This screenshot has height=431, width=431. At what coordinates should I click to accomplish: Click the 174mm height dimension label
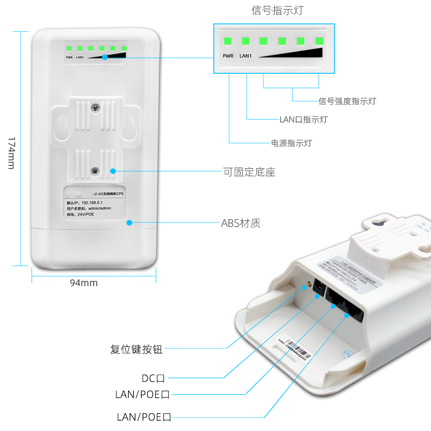pos(10,152)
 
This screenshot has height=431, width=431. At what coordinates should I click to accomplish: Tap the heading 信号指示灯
pos(273,11)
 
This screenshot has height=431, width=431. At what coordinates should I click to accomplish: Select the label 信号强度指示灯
pos(347,101)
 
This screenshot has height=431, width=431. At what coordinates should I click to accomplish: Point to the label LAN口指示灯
pos(303,119)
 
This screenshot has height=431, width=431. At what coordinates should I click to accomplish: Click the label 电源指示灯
pos(291,143)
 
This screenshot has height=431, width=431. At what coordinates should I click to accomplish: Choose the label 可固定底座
pos(249,172)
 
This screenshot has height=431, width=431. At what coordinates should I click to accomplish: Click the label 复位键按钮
pos(136,350)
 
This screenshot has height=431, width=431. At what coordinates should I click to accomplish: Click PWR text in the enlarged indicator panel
pos(228,55)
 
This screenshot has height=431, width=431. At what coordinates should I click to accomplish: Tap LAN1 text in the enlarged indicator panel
pos(245,55)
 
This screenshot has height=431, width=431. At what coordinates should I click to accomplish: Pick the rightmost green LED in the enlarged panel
pos(319,41)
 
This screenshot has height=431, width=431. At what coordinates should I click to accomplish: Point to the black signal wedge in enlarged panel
pos(302,53)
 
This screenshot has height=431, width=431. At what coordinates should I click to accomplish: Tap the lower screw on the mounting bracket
pos(95,171)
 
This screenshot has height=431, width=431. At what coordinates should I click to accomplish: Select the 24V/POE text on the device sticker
pos(87,214)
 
